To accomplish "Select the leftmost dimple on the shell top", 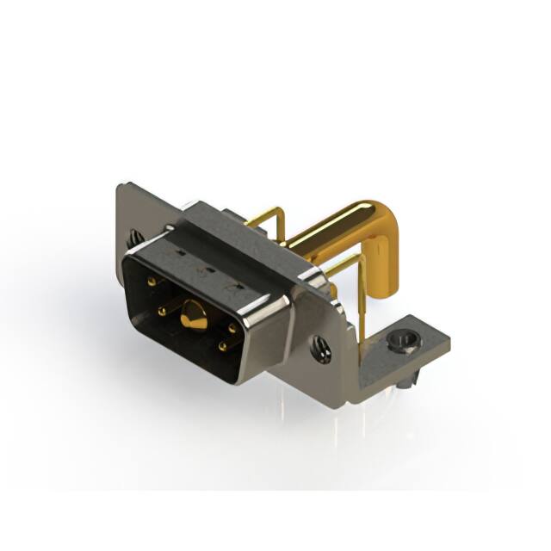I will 180,255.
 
